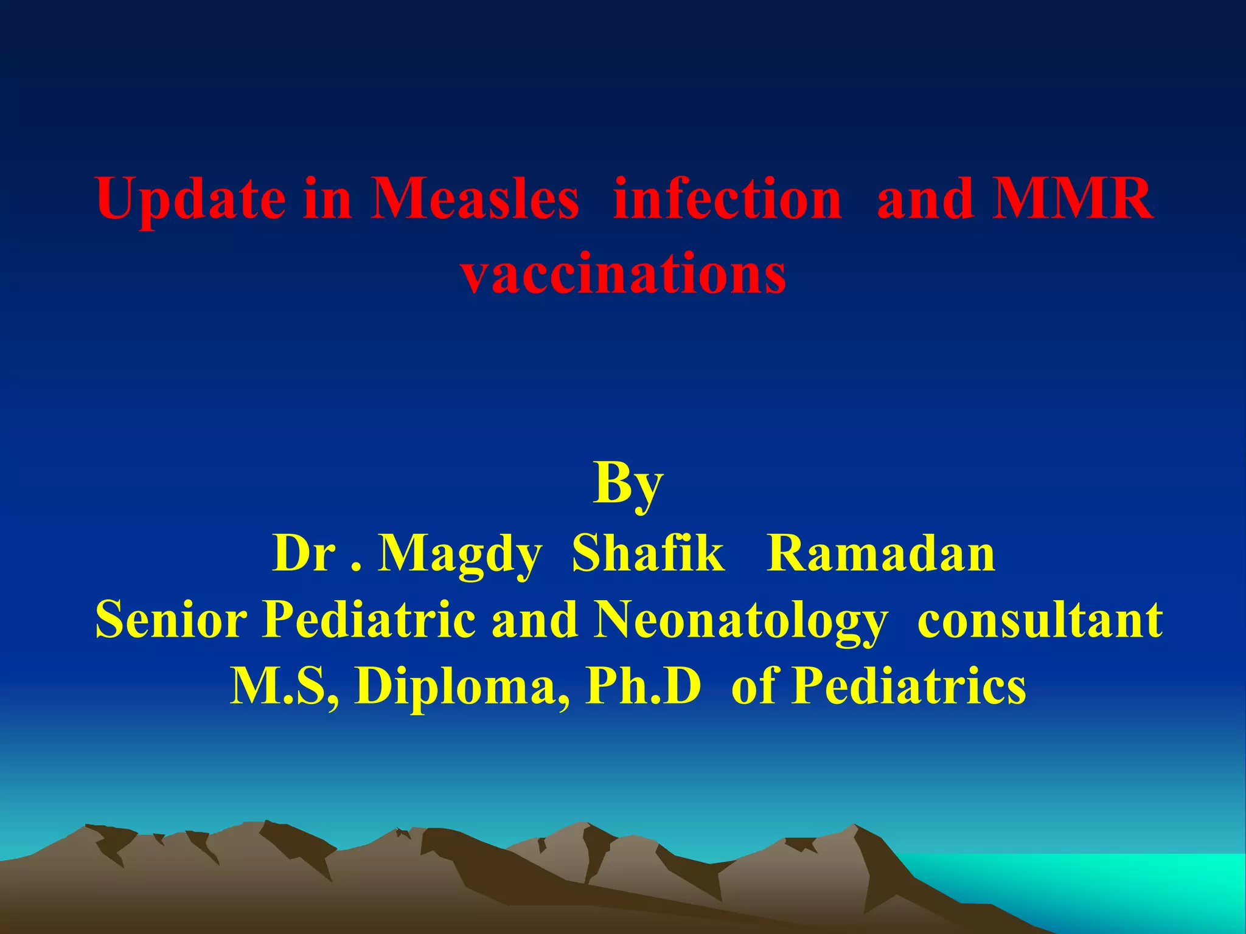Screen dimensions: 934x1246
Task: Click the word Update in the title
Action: [x=190, y=199]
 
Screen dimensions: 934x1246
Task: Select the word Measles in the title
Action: [x=475, y=199]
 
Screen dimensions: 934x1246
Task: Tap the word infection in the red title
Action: [x=728, y=199]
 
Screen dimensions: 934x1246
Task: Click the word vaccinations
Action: [x=623, y=274]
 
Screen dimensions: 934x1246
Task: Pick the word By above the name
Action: [x=627, y=483]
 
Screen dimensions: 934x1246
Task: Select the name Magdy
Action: [x=459, y=554]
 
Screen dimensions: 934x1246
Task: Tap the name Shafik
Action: [x=648, y=554]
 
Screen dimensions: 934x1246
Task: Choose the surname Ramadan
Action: [x=881, y=554]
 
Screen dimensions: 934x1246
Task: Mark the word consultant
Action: [x=1040, y=620]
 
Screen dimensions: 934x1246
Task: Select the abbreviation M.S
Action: [x=284, y=686]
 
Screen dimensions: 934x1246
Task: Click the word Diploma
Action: [x=462, y=686]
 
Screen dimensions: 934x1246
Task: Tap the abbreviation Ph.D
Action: [x=642, y=686]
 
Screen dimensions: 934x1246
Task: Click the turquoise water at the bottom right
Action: [x=1126, y=882]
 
